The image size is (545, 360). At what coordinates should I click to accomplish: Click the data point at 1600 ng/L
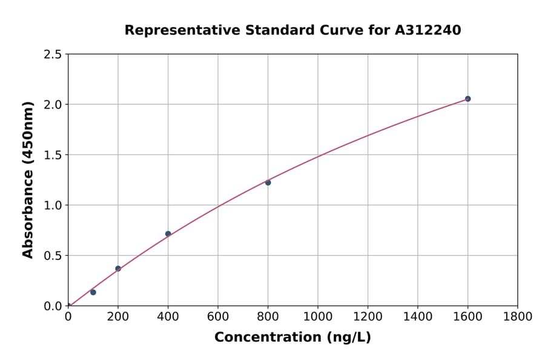467,99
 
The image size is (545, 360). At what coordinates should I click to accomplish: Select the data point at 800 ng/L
268,182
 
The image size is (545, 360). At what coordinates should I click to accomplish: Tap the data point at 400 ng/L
168,234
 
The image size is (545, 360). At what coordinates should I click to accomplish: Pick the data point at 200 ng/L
118,268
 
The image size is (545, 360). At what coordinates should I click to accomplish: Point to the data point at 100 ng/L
93,292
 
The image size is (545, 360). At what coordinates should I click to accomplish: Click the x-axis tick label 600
218,316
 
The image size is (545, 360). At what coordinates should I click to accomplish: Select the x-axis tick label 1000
318,316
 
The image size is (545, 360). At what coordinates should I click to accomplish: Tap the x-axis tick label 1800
518,316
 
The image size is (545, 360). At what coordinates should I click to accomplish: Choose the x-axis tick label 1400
418,316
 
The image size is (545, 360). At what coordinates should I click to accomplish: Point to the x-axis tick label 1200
368,316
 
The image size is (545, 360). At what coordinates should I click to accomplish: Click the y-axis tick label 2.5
53,55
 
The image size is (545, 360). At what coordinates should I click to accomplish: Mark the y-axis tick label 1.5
53,155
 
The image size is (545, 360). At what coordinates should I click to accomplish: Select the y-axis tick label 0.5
53,256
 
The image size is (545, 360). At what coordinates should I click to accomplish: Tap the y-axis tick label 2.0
53,105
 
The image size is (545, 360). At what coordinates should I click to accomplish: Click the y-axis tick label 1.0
53,205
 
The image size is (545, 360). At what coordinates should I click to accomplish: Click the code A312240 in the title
429,30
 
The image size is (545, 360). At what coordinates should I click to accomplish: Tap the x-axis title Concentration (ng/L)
292,337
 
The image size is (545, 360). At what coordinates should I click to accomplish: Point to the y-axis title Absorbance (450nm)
28,179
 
